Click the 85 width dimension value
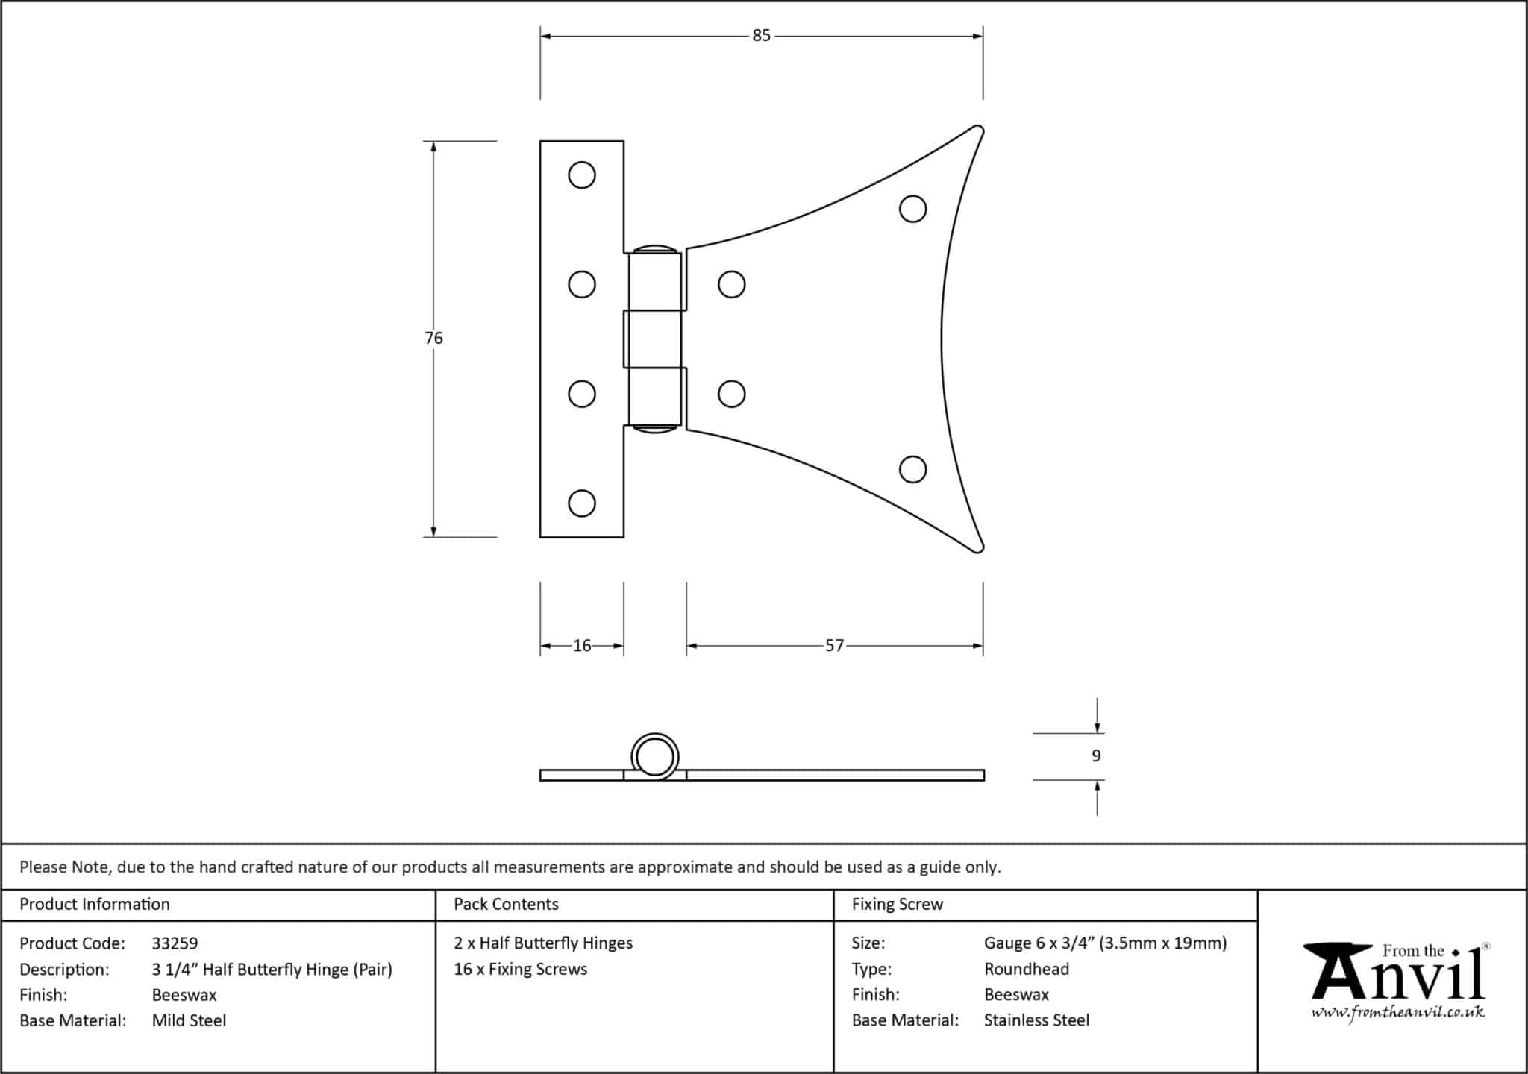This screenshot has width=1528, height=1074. click(x=761, y=36)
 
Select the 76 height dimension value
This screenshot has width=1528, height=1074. click(x=433, y=338)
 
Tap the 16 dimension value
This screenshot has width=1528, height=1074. click(x=582, y=646)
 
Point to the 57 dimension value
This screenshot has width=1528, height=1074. click(x=834, y=646)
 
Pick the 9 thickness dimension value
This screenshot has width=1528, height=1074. click(x=1096, y=756)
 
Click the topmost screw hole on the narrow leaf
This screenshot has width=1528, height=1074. click(x=582, y=175)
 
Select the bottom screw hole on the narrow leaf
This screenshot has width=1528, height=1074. click(x=582, y=503)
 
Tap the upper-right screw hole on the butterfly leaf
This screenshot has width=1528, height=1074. click(x=913, y=209)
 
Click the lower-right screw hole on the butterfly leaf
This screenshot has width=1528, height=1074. click(x=913, y=470)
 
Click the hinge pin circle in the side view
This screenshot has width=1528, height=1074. click(x=655, y=756)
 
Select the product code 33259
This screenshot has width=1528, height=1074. click(x=175, y=943)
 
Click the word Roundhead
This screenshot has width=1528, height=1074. click(x=1027, y=969)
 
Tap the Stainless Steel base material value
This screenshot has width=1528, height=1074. click(x=1036, y=1020)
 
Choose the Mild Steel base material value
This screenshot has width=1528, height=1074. click(x=189, y=1020)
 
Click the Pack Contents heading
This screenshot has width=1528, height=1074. click(x=506, y=904)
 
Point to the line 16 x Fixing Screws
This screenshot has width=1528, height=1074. click(x=520, y=969)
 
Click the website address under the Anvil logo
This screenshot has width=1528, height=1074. click(x=1398, y=1013)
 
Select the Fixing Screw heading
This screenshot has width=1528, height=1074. click(x=898, y=905)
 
